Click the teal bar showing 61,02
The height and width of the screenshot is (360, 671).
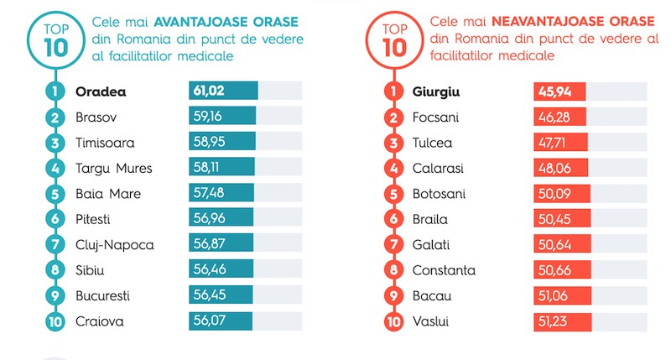[223, 91]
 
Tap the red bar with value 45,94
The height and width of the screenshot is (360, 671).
[559, 91]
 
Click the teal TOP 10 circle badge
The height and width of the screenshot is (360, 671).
[49, 38]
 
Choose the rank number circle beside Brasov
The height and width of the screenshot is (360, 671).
[55, 117]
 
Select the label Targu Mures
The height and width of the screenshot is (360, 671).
[113, 168]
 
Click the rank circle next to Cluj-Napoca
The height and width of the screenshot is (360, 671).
[55, 245]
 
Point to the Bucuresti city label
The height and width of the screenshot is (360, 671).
[102, 296]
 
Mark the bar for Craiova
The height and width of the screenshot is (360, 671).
[221, 321]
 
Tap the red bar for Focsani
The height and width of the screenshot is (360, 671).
[559, 117]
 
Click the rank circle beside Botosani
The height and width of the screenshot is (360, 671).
[393, 194]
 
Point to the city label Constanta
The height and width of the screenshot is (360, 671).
[444, 270]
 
